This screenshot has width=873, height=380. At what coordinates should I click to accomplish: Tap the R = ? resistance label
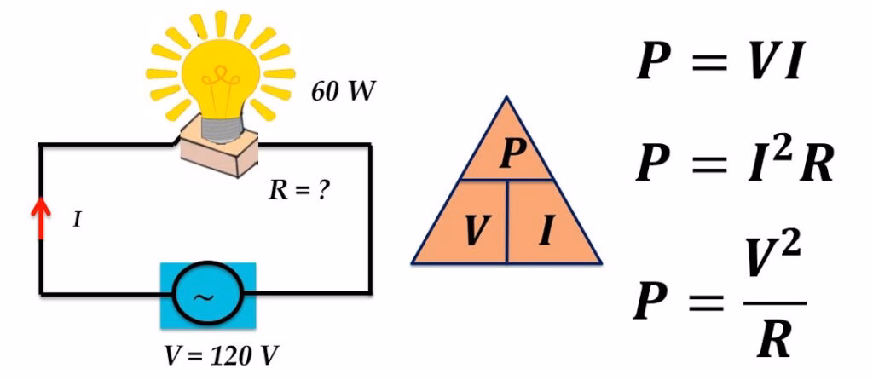[x=299, y=190]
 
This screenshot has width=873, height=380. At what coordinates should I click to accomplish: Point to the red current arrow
[x=39, y=218]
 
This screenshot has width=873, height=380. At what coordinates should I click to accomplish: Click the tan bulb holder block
[x=221, y=153]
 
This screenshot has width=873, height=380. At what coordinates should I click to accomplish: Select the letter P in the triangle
[x=510, y=154]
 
